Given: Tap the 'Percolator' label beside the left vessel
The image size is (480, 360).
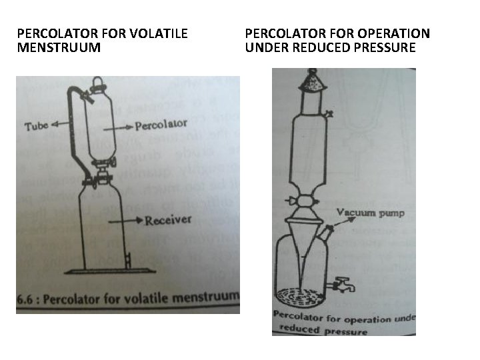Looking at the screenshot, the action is (160, 125).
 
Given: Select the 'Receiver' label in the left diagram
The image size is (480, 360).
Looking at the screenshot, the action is (168, 220).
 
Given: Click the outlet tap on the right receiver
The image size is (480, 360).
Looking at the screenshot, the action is (345, 287).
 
